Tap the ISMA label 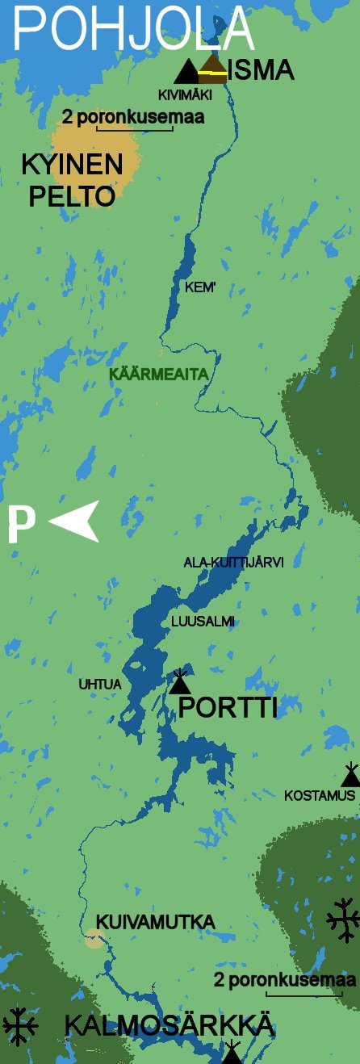[x=261, y=71]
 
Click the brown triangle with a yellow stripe [x=214, y=69]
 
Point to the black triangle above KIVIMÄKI [x=186, y=71]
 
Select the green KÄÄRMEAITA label [x=159, y=375]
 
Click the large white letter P [x=21, y=525]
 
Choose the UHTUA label [x=99, y=685]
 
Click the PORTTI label [x=228, y=708]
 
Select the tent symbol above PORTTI [x=180, y=682]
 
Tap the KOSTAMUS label [x=320, y=795]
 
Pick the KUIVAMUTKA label [x=155, y=922]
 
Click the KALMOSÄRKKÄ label [x=169, y=1026]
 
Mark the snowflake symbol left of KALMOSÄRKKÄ [x=20, y=1026]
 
